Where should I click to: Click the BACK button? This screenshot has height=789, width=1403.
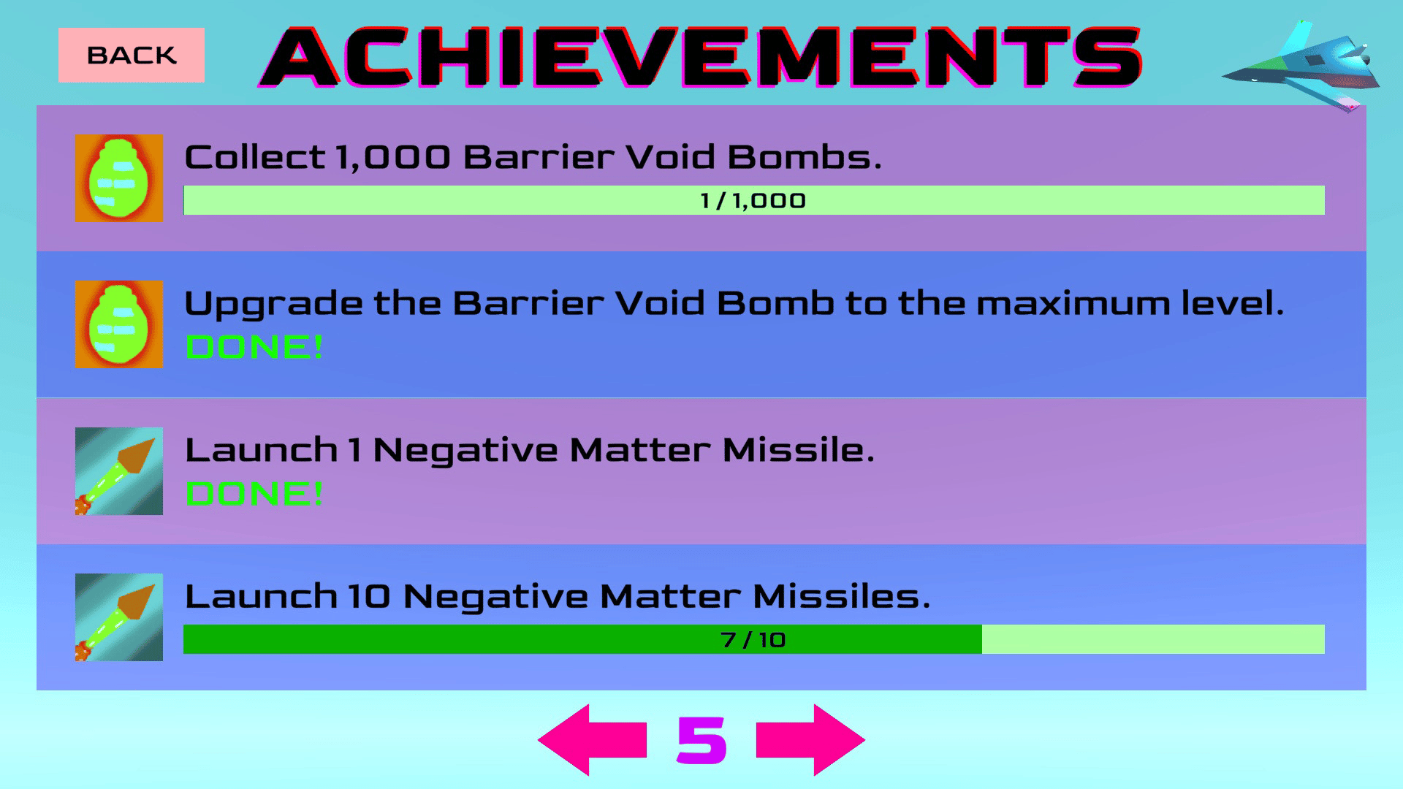(x=132, y=55)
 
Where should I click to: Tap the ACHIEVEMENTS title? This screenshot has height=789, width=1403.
(x=700, y=57)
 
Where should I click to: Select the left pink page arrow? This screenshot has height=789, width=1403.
(x=593, y=740)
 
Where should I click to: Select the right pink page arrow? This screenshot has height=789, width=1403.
(x=810, y=740)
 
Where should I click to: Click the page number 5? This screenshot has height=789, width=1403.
(x=701, y=740)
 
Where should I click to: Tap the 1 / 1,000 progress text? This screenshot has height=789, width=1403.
(x=753, y=201)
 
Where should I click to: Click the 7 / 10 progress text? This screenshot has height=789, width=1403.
(x=753, y=640)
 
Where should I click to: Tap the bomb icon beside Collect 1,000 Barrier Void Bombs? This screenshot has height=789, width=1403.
(x=119, y=178)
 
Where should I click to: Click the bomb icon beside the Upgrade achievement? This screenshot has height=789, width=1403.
(x=119, y=324)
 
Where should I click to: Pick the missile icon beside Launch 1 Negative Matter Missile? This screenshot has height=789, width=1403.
(x=119, y=471)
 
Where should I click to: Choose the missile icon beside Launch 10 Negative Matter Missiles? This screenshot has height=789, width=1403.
(x=119, y=617)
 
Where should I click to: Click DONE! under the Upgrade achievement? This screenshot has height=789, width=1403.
(x=254, y=347)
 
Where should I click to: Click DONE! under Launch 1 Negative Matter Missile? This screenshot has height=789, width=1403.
(x=254, y=494)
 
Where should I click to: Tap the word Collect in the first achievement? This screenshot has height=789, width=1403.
(x=255, y=157)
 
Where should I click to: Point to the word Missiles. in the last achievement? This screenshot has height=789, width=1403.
(x=842, y=596)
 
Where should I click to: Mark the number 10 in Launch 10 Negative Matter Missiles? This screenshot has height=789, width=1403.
(x=369, y=597)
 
